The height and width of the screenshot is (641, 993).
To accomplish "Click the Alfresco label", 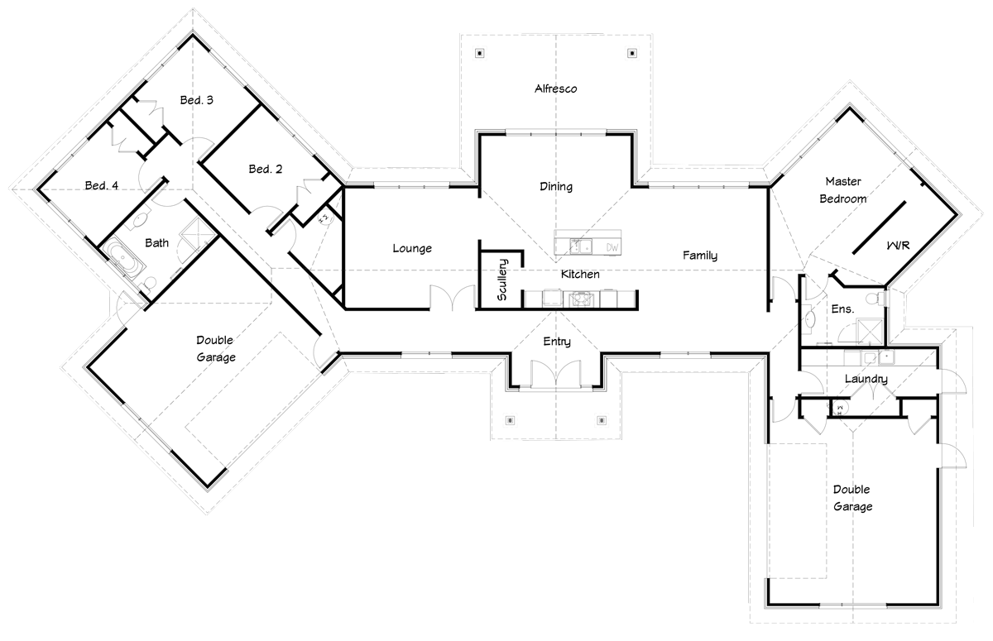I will pyautogui.click(x=555, y=88).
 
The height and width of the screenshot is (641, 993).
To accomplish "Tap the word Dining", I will pyautogui.click(x=556, y=187).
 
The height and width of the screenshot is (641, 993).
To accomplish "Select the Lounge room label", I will pyautogui.click(x=412, y=248).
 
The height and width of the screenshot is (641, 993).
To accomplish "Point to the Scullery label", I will pyautogui.click(x=501, y=280).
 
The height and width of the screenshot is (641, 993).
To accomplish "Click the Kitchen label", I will pyautogui.click(x=580, y=274).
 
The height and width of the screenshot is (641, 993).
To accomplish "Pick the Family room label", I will pyautogui.click(x=699, y=256).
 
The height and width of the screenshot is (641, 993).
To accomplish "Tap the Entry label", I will pyautogui.click(x=556, y=342).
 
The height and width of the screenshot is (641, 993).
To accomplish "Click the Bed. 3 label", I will pyautogui.click(x=197, y=100).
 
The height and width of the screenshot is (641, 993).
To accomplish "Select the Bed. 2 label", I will pyautogui.click(x=266, y=170).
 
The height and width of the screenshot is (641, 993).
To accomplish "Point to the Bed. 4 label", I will pyautogui.click(x=102, y=185).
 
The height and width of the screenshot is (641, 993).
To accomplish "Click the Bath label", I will pyautogui.click(x=157, y=243).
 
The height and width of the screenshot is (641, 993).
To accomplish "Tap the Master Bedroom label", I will pyautogui.click(x=843, y=189).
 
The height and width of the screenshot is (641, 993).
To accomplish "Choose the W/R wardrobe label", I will pyautogui.click(x=899, y=246).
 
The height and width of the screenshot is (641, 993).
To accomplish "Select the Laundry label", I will pyautogui.click(x=866, y=380).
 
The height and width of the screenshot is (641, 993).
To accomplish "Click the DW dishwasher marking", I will pyautogui.click(x=612, y=247).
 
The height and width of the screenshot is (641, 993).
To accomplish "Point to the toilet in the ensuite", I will pyautogui.click(x=871, y=297).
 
